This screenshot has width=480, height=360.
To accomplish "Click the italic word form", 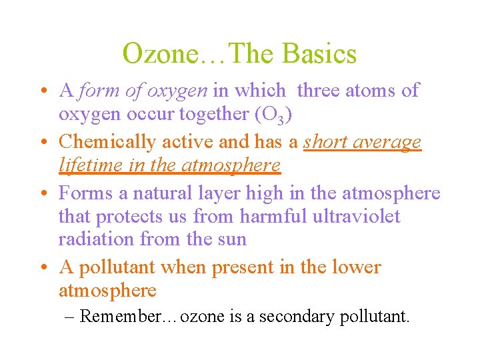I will tap(96, 90).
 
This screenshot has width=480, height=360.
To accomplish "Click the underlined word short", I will tap(327, 142).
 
